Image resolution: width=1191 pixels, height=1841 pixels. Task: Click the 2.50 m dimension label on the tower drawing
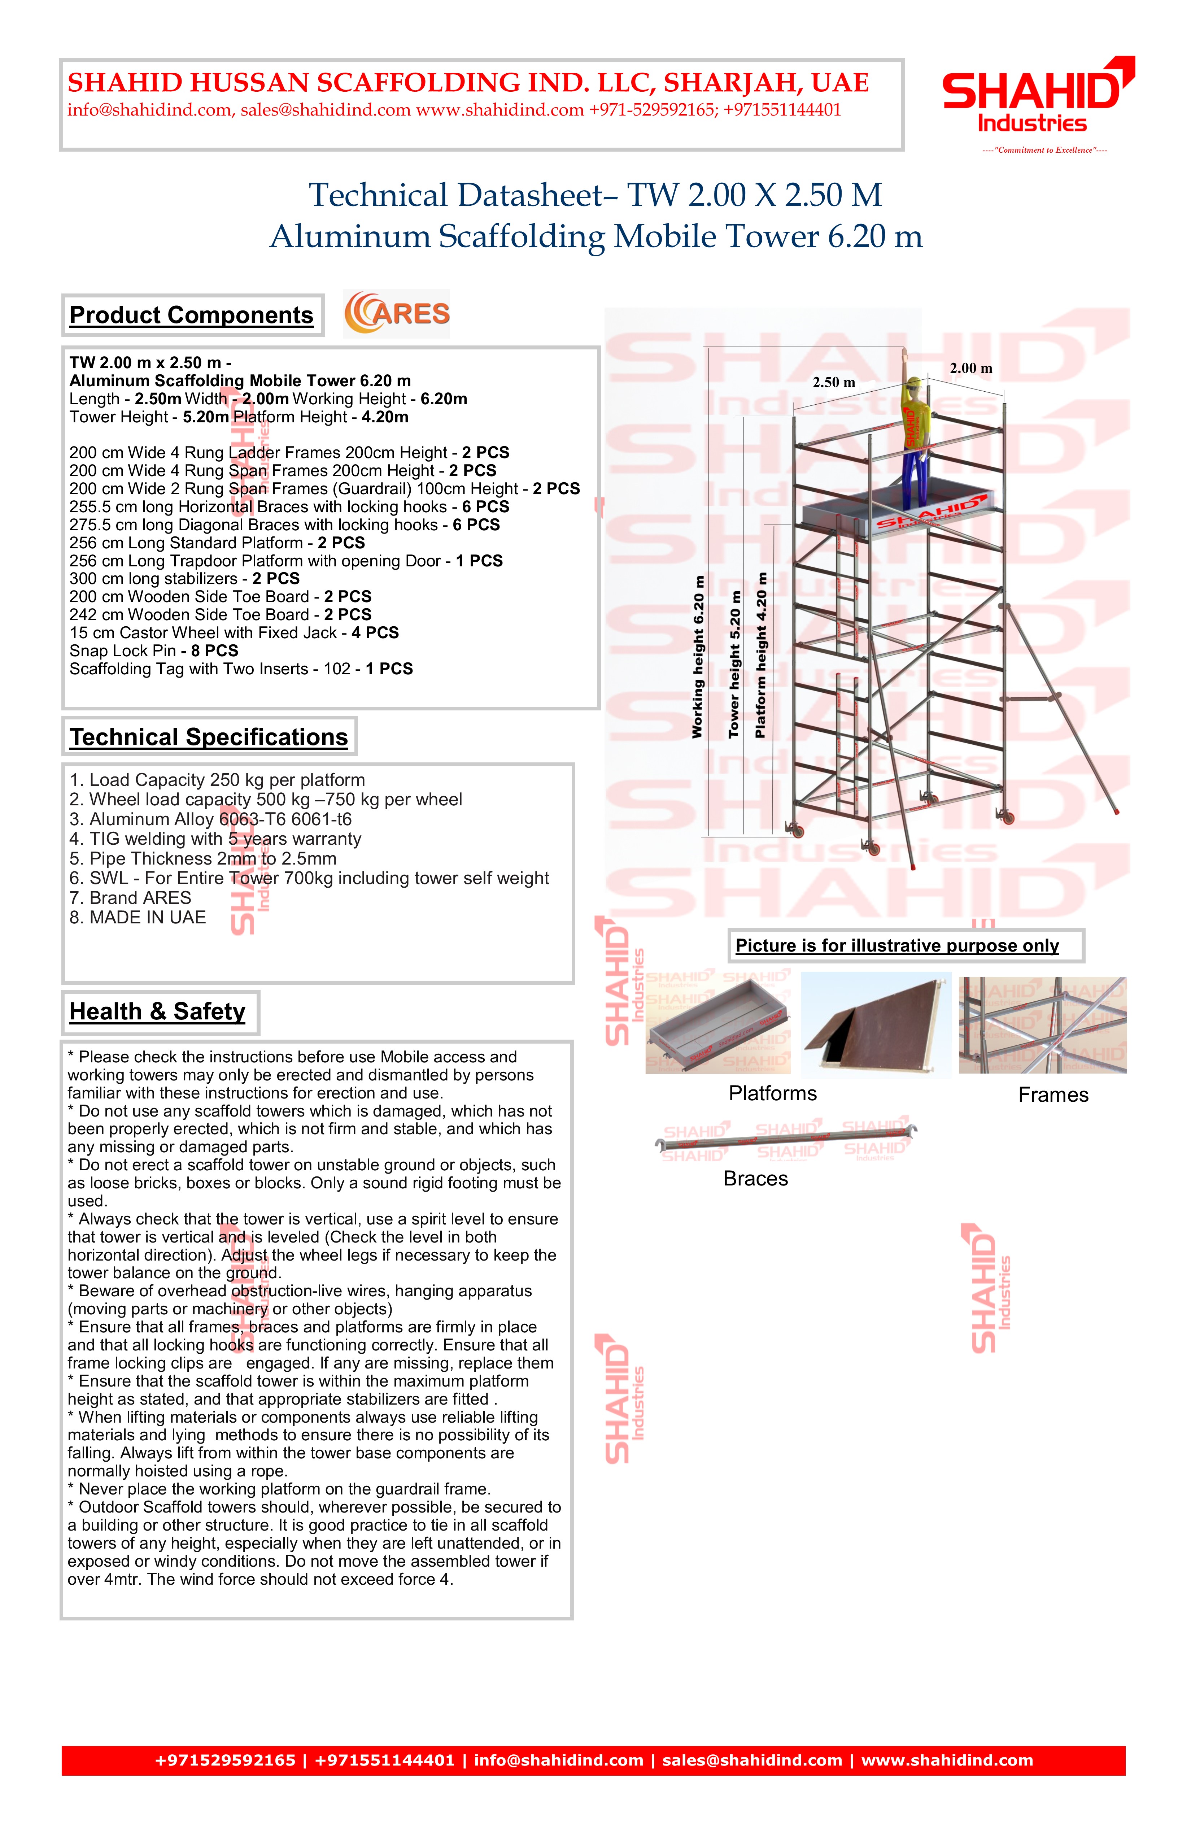(x=834, y=382)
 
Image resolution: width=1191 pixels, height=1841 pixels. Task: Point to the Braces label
(x=756, y=1179)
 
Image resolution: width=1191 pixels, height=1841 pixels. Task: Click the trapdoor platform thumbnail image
(x=876, y=1025)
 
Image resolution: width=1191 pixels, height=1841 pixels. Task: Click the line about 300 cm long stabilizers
(x=184, y=579)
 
